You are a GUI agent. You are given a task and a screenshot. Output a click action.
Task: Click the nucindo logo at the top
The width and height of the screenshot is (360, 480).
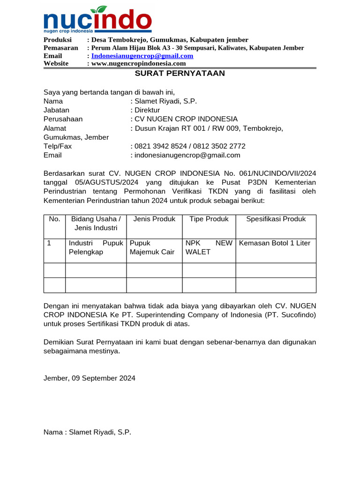click(97, 20)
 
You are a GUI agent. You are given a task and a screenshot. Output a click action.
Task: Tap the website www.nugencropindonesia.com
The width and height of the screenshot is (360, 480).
click(138, 64)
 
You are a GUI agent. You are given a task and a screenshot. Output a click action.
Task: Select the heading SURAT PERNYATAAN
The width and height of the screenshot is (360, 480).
click(180, 74)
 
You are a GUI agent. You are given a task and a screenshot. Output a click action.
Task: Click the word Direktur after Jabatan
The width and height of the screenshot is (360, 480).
click(147, 110)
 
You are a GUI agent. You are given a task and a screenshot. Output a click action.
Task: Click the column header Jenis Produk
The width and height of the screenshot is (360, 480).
click(154, 219)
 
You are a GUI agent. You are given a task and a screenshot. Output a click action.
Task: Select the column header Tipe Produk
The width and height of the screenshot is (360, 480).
click(209, 219)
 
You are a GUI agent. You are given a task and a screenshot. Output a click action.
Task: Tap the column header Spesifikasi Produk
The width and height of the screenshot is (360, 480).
click(276, 219)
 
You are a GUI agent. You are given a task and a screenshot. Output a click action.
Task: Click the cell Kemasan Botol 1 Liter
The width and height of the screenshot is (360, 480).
click(275, 243)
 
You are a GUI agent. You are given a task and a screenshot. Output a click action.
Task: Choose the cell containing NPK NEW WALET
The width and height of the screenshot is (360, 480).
click(209, 247)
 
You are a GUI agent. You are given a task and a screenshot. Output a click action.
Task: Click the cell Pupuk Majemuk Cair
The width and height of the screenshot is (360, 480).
click(152, 247)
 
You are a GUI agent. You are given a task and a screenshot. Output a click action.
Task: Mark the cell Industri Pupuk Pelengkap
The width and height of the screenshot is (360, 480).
click(96, 247)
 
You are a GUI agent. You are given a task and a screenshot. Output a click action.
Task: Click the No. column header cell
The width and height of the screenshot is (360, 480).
click(54, 219)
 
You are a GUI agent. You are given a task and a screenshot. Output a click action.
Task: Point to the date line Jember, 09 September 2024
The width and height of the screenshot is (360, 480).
click(90, 378)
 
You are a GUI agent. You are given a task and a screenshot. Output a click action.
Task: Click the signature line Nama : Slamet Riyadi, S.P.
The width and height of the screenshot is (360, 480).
click(87, 432)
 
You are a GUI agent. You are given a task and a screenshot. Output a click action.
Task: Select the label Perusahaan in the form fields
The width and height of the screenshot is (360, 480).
click(63, 119)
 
